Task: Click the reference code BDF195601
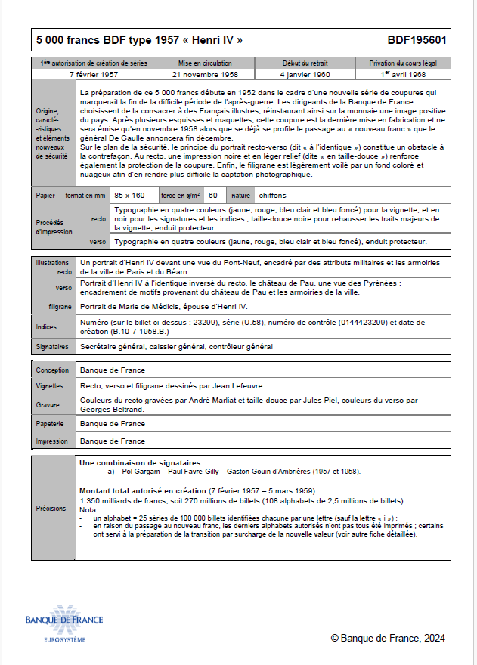[x=417, y=40]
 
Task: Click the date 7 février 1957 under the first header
[x=94, y=76]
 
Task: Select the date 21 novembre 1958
[x=205, y=76]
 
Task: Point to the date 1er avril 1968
[x=403, y=76]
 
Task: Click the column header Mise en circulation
[x=205, y=63]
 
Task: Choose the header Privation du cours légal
[x=403, y=63]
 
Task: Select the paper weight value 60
[x=213, y=196]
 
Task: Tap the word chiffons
[x=269, y=196]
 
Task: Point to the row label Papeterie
[x=52, y=424]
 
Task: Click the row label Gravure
[x=49, y=404]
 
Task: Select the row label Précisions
[x=51, y=509]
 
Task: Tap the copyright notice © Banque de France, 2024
[x=388, y=639]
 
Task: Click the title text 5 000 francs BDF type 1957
[x=140, y=40]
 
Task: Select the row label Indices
[x=48, y=327]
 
